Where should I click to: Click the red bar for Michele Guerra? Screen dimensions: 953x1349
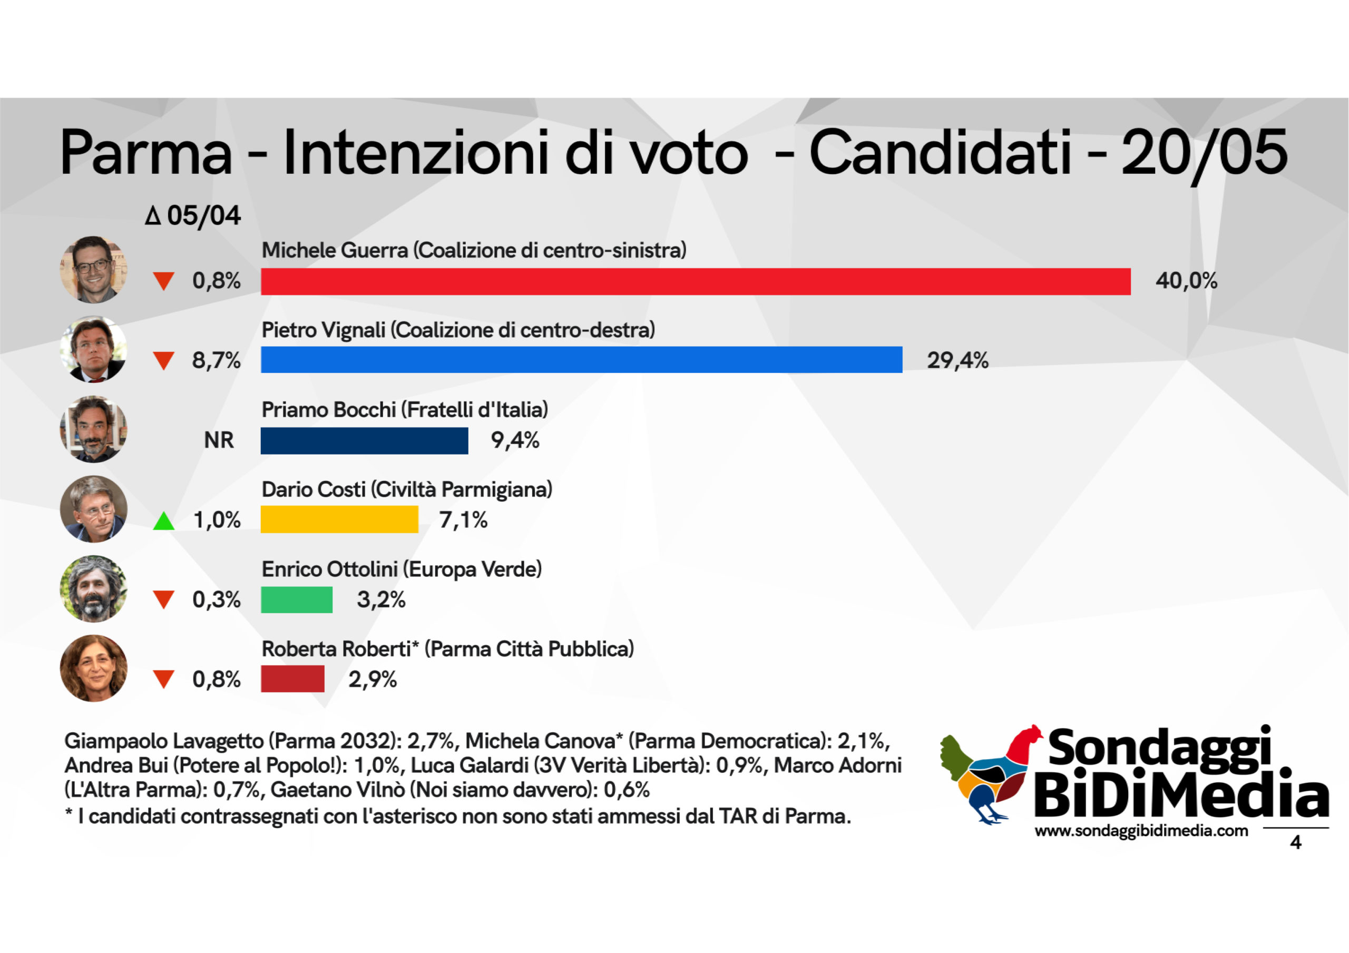[x=695, y=281]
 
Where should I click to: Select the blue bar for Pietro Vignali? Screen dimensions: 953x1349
[x=581, y=360]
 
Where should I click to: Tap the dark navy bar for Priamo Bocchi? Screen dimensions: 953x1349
[x=364, y=440]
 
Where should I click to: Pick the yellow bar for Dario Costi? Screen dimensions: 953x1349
[x=339, y=520]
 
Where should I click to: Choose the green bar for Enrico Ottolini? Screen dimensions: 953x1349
[x=297, y=600]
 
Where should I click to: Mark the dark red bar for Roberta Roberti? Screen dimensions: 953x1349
[x=292, y=679]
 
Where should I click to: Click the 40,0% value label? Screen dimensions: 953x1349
[x=1186, y=281]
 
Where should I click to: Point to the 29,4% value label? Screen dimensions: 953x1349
[x=957, y=360]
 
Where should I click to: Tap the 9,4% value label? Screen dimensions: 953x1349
[x=515, y=440]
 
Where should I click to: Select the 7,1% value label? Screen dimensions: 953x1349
[x=463, y=520]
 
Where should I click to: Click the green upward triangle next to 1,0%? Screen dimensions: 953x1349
[x=163, y=521]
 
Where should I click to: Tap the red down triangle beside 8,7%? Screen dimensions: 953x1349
[x=163, y=360]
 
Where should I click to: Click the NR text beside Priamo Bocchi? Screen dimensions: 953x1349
[x=219, y=440]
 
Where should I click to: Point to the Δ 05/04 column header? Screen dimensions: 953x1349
[x=193, y=215]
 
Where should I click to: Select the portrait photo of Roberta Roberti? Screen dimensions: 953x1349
[x=93, y=668]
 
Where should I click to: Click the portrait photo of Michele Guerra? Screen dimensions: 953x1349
[x=93, y=270]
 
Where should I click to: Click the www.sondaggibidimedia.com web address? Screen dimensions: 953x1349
[x=1141, y=831]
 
